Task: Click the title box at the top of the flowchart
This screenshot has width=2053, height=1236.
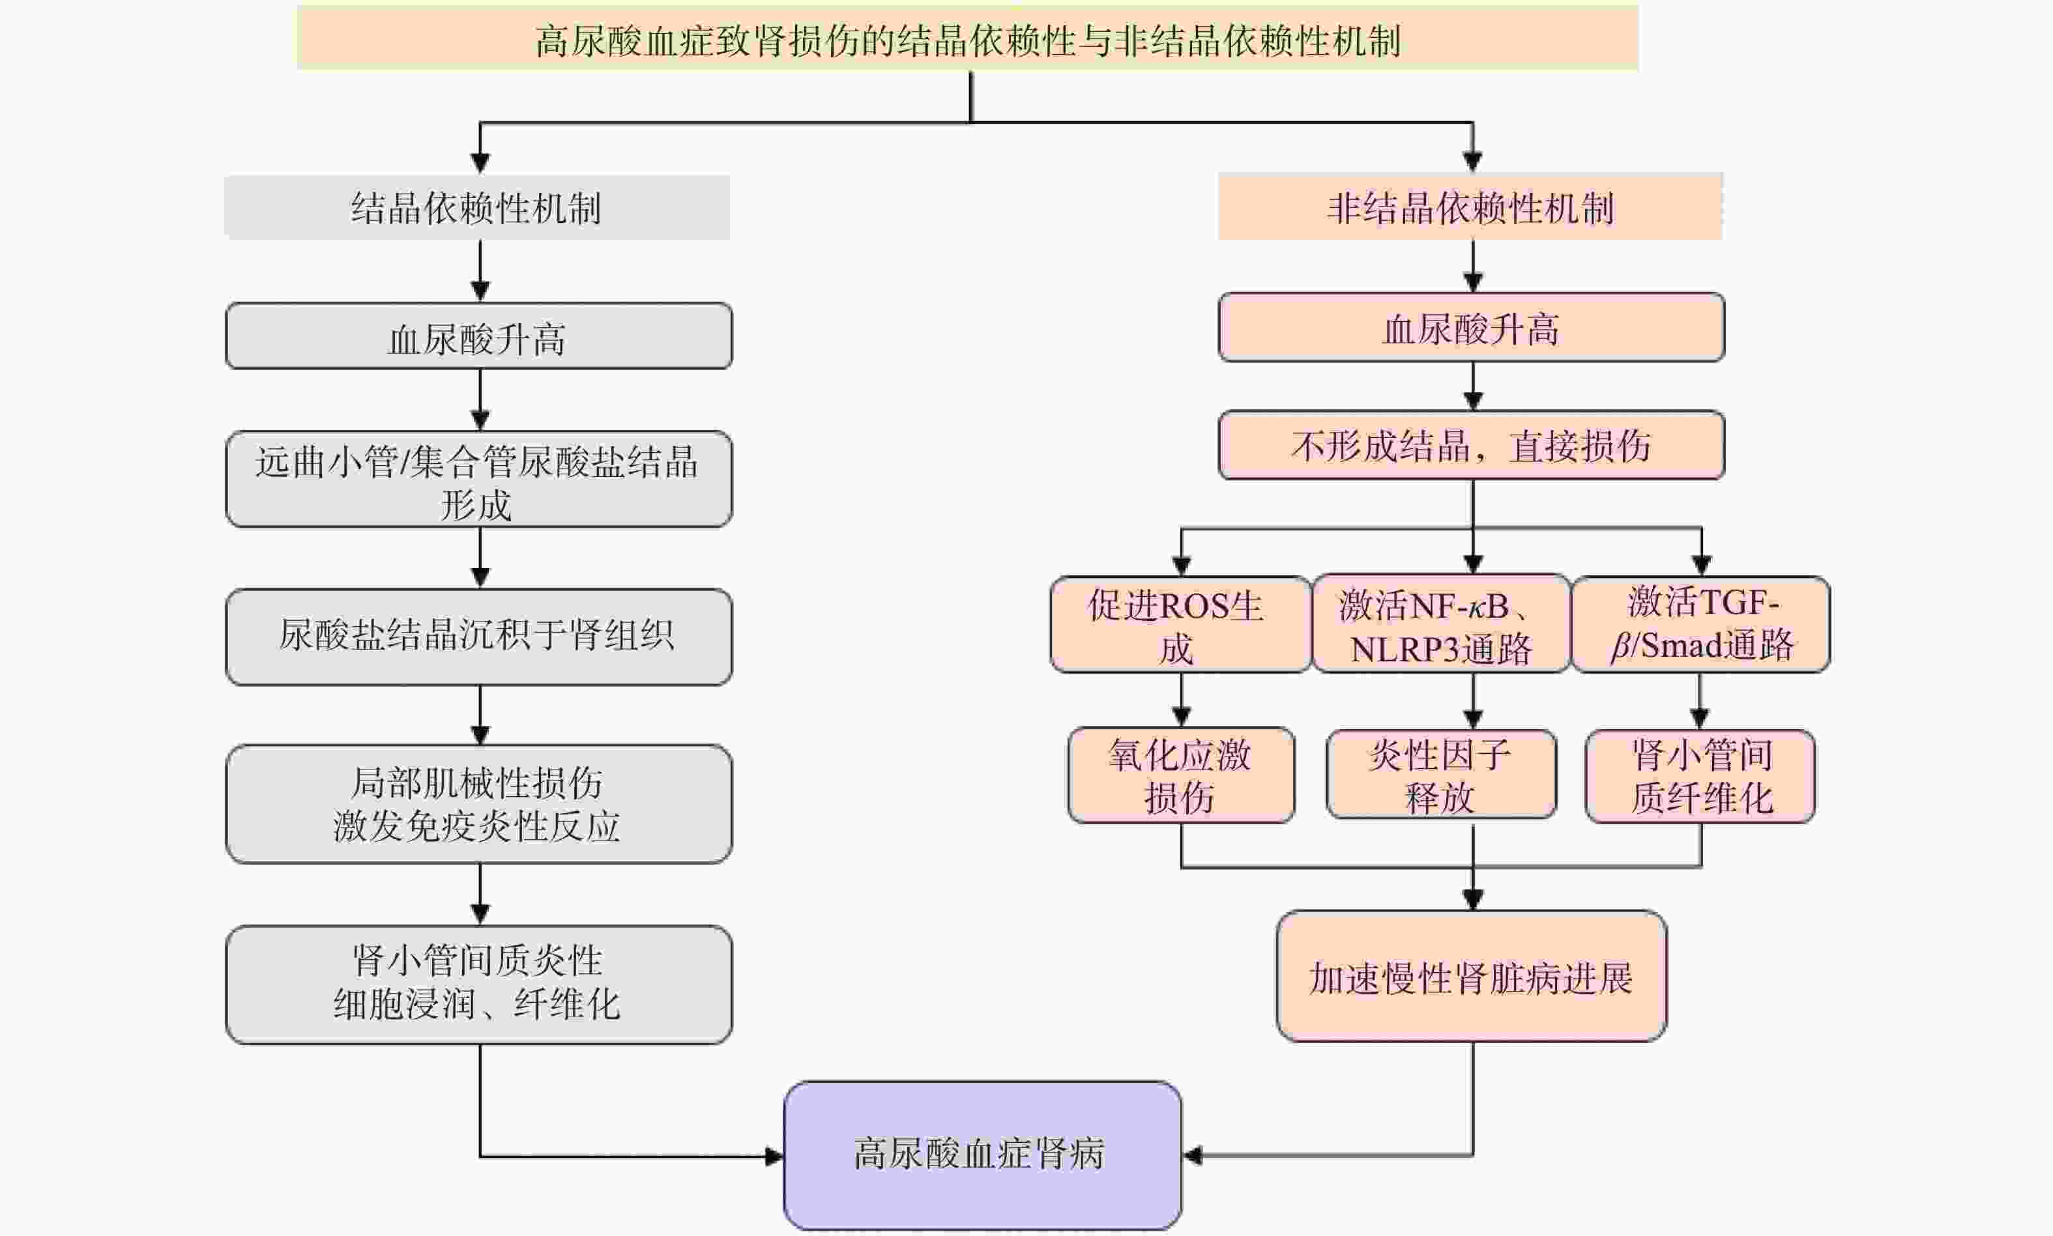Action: (x=968, y=38)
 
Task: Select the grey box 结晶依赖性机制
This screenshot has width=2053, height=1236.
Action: (x=477, y=207)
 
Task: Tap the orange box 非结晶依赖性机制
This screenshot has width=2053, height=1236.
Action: (x=1470, y=207)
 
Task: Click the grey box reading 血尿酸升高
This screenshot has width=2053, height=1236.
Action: (x=479, y=336)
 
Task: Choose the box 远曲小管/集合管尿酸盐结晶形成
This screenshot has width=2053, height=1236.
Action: (x=479, y=480)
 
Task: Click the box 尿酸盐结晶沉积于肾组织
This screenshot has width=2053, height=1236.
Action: (x=479, y=637)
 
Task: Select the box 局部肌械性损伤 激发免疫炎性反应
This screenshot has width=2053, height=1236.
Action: (x=479, y=804)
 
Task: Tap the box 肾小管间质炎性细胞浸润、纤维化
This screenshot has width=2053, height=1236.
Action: (x=479, y=984)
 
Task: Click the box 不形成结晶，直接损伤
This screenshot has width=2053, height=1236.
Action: (x=1471, y=446)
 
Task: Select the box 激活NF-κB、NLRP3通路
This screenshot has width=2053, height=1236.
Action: (x=1441, y=625)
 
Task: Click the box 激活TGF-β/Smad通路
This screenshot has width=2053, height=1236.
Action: (x=1700, y=625)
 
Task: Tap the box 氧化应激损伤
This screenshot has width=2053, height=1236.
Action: (x=1181, y=776)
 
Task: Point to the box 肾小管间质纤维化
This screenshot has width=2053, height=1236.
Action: (x=1700, y=776)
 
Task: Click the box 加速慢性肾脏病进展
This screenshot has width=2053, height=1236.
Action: (x=1471, y=976)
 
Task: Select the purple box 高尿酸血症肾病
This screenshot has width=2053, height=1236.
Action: (x=982, y=1155)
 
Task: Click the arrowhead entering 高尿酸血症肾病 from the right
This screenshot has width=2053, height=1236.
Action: (x=1193, y=1155)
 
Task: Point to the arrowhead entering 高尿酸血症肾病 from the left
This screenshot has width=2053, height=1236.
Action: (x=774, y=1156)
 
